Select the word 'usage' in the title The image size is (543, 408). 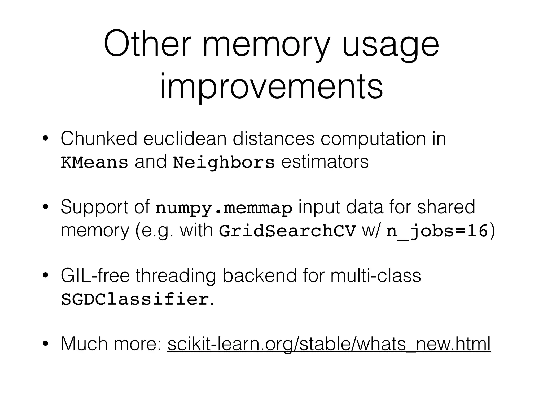tap(390, 44)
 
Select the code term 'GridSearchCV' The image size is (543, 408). tap(287, 231)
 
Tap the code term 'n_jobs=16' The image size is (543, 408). tap(437, 231)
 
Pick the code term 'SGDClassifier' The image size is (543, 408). tap(135, 299)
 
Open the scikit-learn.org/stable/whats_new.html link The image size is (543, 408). tap(329, 344)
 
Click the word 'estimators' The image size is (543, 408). tap(325, 161)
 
